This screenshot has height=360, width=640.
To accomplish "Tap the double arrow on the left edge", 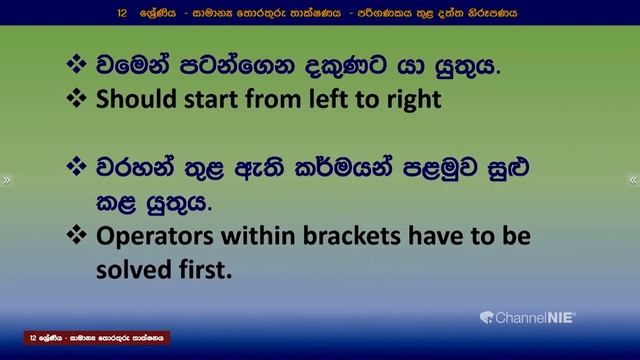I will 7,180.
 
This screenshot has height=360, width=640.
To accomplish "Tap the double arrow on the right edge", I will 632,180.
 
